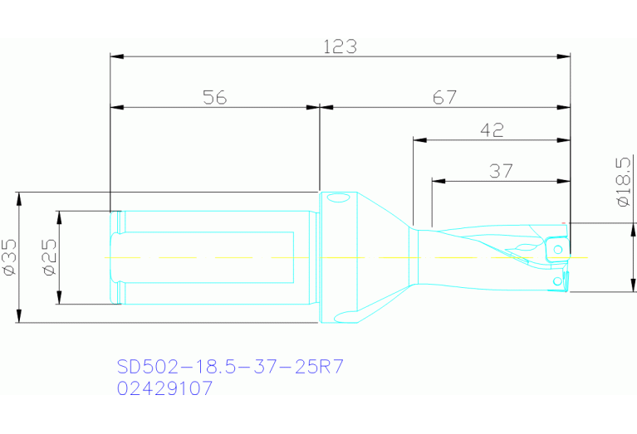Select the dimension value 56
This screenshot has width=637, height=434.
214,97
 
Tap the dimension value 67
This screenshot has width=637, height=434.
444,97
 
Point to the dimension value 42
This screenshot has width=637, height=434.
492,129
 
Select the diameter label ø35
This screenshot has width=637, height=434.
9,257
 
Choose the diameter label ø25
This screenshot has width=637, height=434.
48,257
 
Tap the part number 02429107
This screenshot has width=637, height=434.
165,388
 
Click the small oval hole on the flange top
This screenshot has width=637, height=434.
337,199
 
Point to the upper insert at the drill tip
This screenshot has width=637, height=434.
558,247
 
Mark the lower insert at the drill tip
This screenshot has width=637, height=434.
558,281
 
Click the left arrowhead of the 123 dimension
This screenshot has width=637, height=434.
117,56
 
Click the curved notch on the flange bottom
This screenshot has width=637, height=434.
346,315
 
